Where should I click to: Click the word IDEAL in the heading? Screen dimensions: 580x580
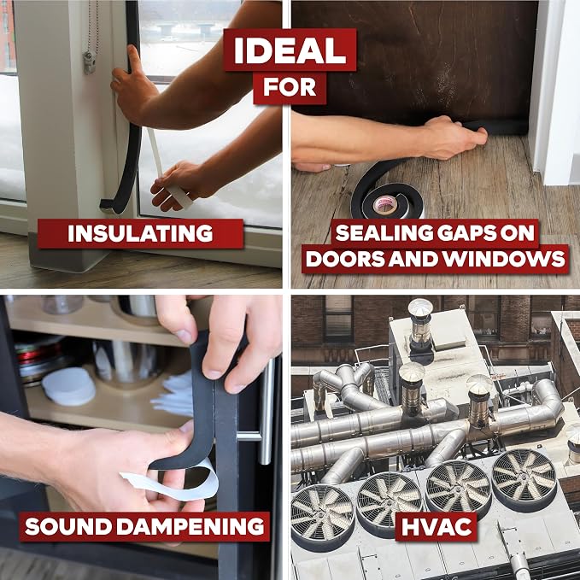coord(290,50)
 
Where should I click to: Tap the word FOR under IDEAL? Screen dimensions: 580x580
coord(290,87)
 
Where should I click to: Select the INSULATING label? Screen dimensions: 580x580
coord(140,233)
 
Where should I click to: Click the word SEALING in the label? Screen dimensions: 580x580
coord(384,232)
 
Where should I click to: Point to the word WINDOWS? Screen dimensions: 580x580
coord(504,258)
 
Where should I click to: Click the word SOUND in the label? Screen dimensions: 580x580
coord(68,526)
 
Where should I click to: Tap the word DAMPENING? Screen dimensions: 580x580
coord(190,526)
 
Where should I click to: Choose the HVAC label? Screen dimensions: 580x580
coord(436,526)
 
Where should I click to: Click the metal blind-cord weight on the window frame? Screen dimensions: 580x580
coord(90,62)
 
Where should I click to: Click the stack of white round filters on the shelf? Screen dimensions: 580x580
coord(69,386)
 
